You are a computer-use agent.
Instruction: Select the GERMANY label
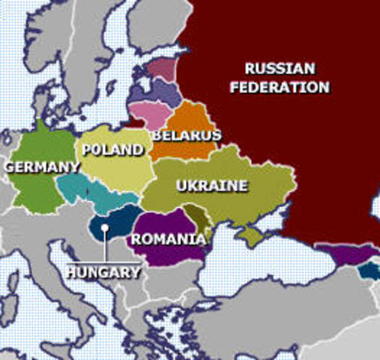coord(42,166)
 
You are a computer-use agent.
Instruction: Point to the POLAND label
coord(112,150)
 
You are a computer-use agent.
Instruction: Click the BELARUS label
coord(187,136)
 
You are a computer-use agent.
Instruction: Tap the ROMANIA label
coord(168,239)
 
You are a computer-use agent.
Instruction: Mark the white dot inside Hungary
coord(106,227)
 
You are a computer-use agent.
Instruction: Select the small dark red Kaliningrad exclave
coord(135,120)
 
